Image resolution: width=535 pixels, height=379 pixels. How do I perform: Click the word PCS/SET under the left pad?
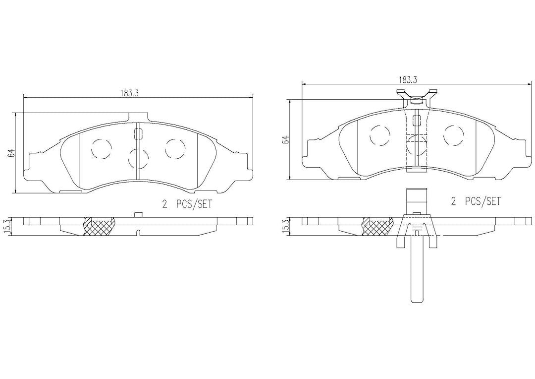click(194, 204)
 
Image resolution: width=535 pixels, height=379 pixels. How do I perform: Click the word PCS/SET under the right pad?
click(483, 201)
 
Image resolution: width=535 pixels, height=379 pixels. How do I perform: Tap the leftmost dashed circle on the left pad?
click(102, 148)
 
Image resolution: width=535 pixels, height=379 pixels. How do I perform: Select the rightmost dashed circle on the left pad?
click(175, 148)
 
